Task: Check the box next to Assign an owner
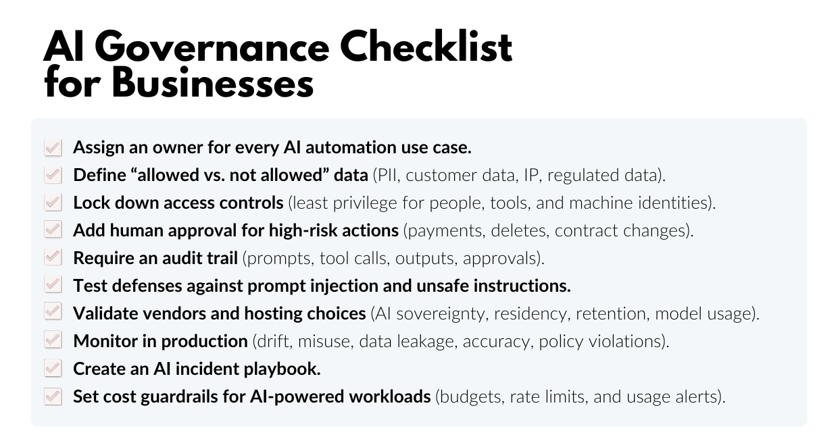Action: click(53, 147)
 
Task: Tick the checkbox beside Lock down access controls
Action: click(53, 203)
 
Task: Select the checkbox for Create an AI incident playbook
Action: click(53, 369)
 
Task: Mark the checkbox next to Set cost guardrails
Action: click(53, 396)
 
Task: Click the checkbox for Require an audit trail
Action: click(53, 258)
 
